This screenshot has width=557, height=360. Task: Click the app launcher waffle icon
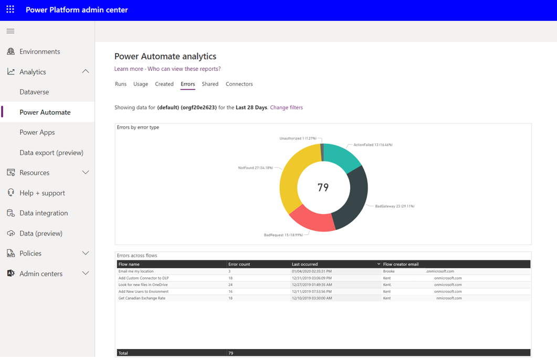(10, 9)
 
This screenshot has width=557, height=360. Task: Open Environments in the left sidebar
(39, 51)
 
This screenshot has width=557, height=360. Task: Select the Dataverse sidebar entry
(34, 92)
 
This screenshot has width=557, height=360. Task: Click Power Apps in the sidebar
(37, 132)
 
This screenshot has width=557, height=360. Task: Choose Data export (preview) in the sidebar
(51, 153)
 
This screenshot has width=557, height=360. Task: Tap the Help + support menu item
(42, 193)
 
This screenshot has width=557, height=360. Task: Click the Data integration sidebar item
(44, 213)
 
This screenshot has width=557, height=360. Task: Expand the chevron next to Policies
(85, 253)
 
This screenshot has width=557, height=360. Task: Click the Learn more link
(129, 69)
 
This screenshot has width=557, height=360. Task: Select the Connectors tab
(239, 84)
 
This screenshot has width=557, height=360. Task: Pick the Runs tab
(120, 84)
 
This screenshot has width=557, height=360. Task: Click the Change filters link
(286, 108)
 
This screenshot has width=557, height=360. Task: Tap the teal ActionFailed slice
(341, 156)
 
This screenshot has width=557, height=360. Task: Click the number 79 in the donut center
(323, 187)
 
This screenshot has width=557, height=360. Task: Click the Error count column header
(239, 264)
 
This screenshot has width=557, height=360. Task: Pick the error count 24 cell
(230, 285)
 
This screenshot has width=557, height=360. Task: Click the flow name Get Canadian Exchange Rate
(142, 298)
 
